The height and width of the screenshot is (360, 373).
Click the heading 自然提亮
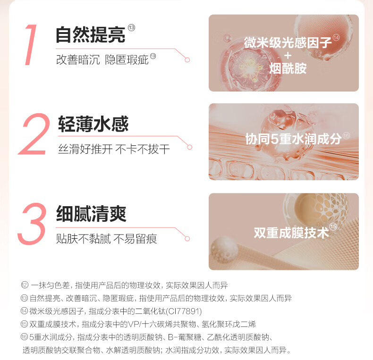pos(90,34)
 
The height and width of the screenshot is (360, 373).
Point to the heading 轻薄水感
pos(93,124)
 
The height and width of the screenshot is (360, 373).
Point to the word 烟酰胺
pos(288,68)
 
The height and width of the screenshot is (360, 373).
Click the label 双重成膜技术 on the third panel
pos(291,232)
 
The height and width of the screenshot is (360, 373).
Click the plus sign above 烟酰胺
pos(288,56)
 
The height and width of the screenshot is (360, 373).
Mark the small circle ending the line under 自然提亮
pos(187,60)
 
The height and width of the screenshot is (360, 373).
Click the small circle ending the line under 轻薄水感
pos(190,147)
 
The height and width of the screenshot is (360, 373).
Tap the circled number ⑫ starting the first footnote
pos(25,285)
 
